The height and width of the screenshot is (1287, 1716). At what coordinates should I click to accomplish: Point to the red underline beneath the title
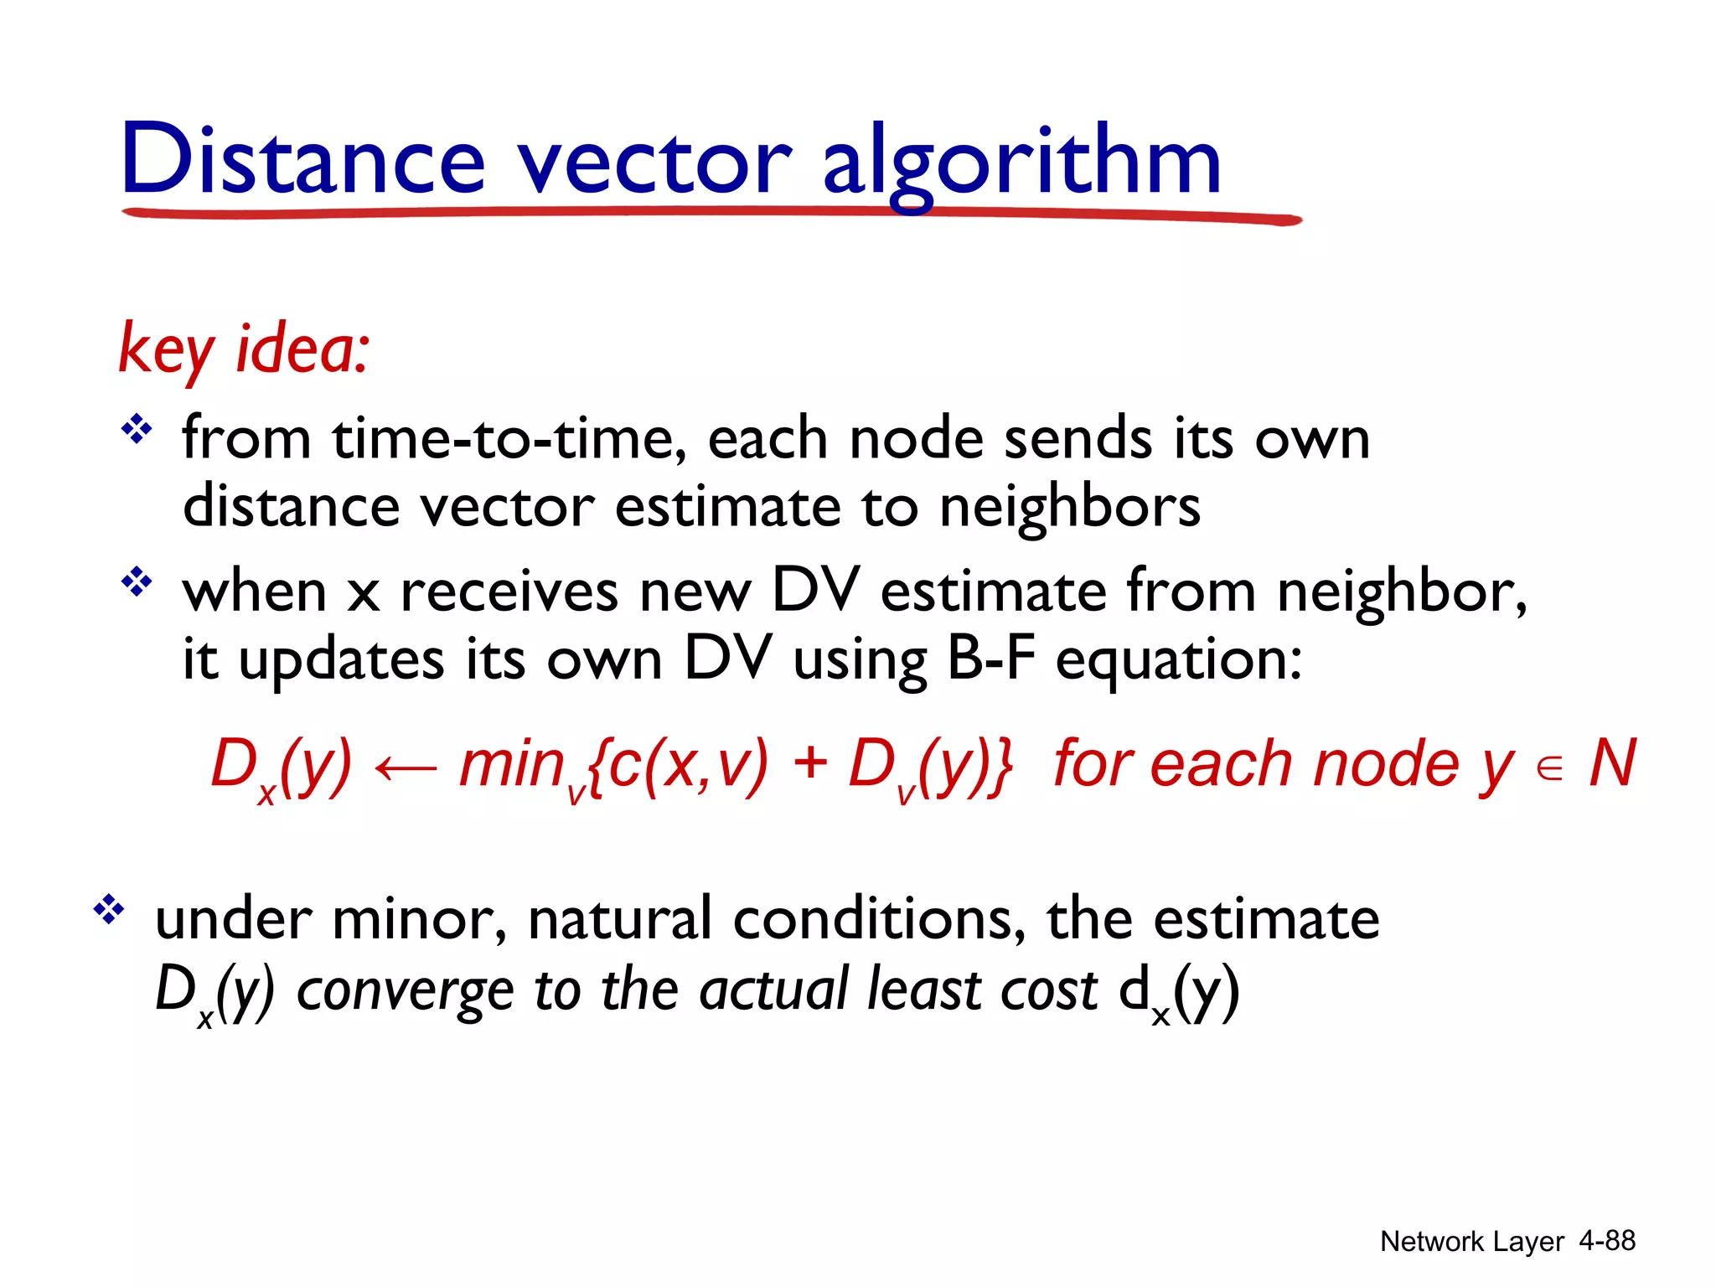coord(712,214)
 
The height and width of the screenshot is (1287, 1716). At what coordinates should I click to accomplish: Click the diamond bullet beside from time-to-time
coord(137,432)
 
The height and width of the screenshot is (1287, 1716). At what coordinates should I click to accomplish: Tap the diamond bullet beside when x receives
coord(137,581)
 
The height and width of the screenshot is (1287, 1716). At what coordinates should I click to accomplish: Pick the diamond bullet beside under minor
coord(109,909)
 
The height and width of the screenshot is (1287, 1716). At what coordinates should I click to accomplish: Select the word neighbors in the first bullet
coord(1070,508)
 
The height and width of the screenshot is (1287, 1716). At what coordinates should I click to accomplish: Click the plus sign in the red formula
coord(809,764)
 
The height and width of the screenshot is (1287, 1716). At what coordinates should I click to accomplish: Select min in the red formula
coord(512,764)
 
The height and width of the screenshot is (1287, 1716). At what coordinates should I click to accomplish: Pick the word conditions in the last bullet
coord(879,919)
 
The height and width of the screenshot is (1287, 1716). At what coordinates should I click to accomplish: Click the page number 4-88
coord(1606,1240)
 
